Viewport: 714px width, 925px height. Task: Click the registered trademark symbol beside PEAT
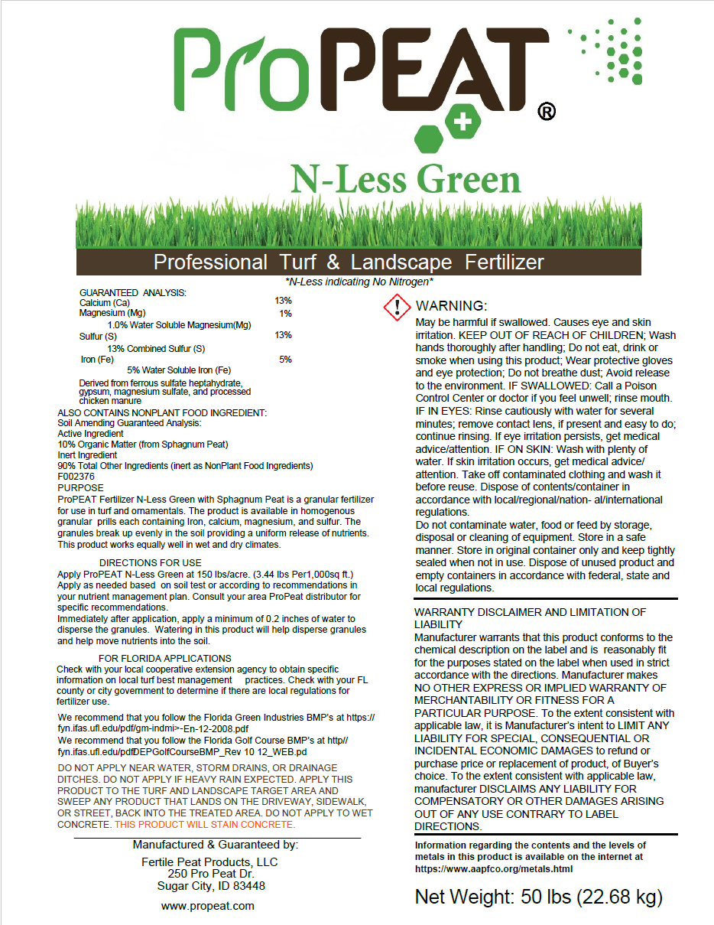point(547,112)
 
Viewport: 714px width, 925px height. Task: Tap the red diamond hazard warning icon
point(397,308)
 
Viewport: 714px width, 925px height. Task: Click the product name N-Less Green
point(405,178)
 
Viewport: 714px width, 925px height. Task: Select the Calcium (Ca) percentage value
point(283,301)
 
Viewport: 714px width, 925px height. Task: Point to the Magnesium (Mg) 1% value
point(285,313)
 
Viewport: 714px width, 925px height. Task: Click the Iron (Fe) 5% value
point(285,359)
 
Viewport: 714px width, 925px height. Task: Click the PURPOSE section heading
point(80,487)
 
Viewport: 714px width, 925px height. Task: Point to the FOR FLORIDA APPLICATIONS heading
point(165,658)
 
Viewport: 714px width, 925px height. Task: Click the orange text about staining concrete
point(204,824)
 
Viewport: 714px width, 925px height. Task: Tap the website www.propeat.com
point(208,906)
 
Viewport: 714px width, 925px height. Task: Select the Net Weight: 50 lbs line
point(538,897)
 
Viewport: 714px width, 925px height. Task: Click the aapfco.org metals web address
point(494,868)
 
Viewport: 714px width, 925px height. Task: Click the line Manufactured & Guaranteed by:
point(216,845)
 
